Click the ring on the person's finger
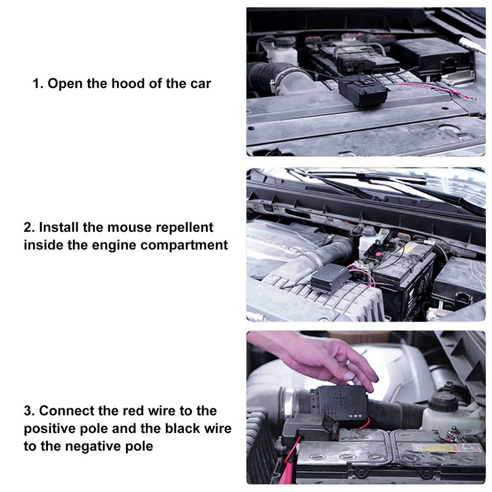[x=348, y=372]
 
